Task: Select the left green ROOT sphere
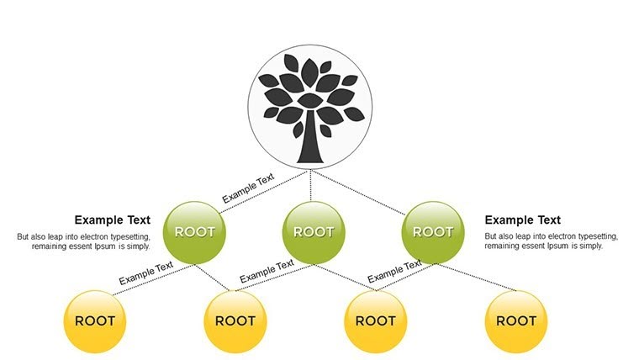tap(195, 231)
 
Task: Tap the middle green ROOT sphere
tap(314, 231)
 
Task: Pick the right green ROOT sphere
tap(433, 231)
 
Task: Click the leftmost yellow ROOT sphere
tap(95, 320)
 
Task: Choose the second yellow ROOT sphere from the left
tap(235, 320)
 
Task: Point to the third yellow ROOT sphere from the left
tap(376, 320)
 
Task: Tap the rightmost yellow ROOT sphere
tap(516, 320)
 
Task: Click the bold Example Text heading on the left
tap(112, 220)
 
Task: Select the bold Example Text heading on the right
tap(522, 220)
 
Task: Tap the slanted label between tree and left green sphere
tap(248, 188)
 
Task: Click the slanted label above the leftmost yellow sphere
tap(145, 273)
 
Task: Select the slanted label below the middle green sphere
tap(267, 271)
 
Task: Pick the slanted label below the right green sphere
tap(394, 270)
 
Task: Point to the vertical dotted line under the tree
tap(312, 185)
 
